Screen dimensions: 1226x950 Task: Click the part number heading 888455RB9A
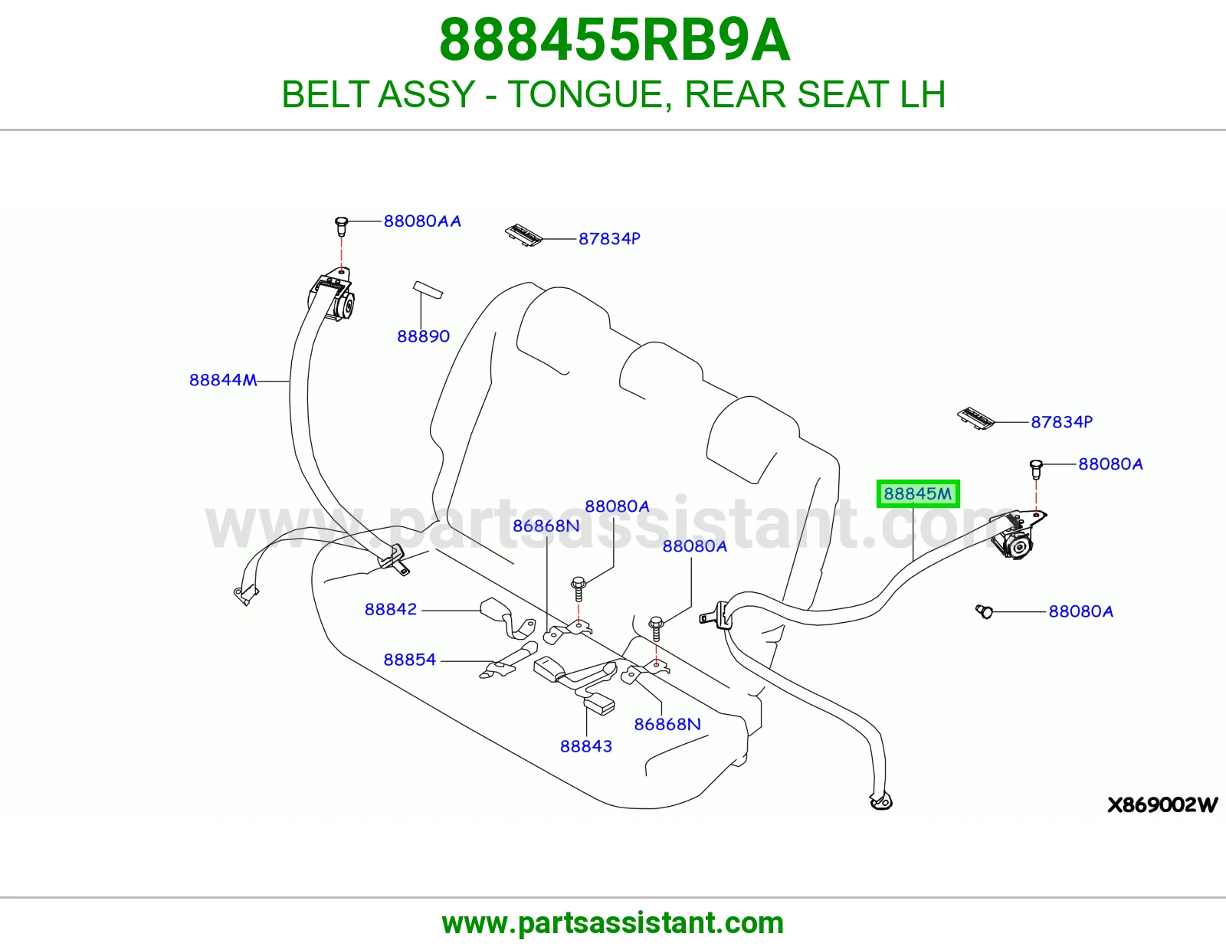click(615, 40)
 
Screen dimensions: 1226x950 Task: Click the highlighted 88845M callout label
click(917, 493)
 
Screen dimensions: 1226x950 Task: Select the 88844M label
click(223, 380)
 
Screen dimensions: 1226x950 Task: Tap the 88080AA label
click(422, 221)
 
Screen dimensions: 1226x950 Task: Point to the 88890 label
click(423, 336)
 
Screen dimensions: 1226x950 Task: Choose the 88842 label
click(391, 609)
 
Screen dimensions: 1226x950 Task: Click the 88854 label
click(410, 660)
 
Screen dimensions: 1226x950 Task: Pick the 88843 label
click(585, 746)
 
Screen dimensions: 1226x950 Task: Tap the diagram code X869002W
click(1162, 805)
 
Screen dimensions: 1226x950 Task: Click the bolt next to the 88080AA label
click(341, 226)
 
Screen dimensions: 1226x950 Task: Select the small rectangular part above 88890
click(428, 290)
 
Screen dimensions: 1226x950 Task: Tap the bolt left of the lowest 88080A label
click(984, 611)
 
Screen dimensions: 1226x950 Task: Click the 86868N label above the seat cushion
click(546, 526)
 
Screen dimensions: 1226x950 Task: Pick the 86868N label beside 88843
click(667, 724)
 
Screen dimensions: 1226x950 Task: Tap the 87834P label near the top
click(609, 238)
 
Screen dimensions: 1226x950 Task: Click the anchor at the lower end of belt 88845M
click(880, 801)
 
